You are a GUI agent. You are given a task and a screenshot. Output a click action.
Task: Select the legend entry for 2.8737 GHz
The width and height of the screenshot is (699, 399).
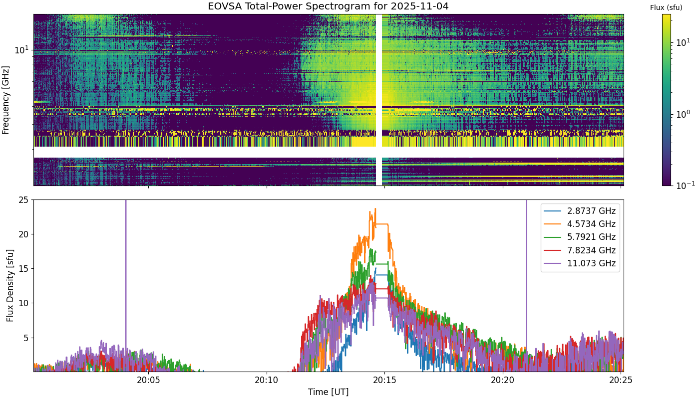coord(580,211)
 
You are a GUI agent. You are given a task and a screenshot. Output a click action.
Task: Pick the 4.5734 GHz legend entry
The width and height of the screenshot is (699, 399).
coord(580,224)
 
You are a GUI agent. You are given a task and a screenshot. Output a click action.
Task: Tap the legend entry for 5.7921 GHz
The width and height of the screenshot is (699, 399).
coord(580,237)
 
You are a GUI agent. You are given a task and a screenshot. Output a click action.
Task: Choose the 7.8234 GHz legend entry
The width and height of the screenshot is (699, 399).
coord(580,250)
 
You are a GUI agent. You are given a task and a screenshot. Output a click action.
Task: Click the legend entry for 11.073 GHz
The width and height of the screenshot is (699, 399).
coord(580,263)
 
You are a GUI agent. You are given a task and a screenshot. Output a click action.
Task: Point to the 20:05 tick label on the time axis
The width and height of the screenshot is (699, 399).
coord(149,380)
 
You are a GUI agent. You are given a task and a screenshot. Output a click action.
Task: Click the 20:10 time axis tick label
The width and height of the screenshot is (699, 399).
coord(267,380)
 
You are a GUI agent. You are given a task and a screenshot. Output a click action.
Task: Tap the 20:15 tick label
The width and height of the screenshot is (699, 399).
coord(385,380)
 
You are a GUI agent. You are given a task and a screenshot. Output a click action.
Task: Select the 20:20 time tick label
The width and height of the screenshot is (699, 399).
coord(503,380)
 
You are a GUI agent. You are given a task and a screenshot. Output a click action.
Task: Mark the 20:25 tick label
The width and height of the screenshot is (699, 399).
coord(621,380)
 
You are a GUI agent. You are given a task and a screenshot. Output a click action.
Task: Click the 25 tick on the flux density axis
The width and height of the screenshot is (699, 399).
coord(23,200)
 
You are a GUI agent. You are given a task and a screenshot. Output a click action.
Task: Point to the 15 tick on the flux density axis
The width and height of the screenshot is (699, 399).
coord(23,269)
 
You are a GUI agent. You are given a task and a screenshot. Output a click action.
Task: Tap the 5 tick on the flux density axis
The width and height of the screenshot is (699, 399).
coord(26,338)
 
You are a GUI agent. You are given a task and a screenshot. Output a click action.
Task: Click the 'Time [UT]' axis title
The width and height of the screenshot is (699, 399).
coord(329,392)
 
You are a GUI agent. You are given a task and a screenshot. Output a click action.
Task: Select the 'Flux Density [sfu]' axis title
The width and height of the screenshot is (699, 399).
coord(10,285)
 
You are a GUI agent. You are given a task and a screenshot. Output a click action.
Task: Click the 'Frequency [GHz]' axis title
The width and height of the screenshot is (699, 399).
coord(5,100)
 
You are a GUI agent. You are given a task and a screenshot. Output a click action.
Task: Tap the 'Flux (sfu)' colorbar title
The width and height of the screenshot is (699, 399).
coord(666,8)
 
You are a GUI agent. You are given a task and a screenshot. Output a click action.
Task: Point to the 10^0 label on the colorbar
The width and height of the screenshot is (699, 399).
coord(683,114)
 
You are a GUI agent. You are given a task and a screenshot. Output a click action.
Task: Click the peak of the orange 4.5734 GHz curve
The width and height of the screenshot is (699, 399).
coord(375,208)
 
